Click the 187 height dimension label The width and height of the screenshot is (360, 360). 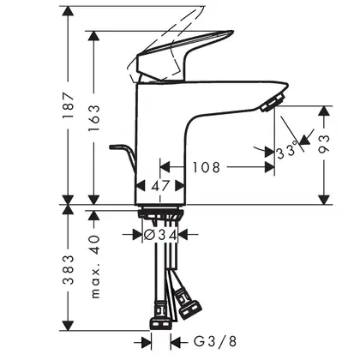pos(69,105)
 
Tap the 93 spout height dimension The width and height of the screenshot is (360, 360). pos(324,144)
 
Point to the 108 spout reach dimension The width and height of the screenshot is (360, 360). pos(207,167)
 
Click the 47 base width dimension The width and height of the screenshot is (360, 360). pos(160,186)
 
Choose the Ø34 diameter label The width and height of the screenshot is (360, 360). pos(160,235)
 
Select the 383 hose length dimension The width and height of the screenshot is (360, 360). pos(69,270)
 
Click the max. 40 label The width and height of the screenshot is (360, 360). pos(95,267)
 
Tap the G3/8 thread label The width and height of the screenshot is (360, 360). pos(215,341)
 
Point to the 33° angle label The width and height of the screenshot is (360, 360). pos(286,150)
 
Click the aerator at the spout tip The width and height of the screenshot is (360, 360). pos(273,102)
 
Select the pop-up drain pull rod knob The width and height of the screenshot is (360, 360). pos(116,147)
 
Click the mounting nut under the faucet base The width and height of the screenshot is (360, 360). pos(160,214)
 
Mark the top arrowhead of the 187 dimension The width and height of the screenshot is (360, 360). pos(68,11)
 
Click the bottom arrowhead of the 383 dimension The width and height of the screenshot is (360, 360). pos(68,326)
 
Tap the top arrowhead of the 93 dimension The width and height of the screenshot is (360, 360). pos(324,111)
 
